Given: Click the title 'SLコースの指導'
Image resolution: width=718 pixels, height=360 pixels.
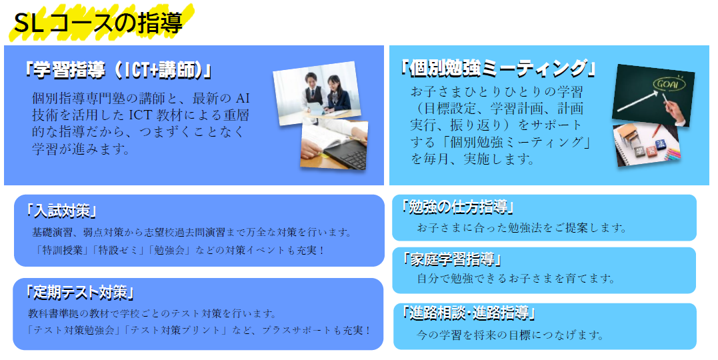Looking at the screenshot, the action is (98, 23).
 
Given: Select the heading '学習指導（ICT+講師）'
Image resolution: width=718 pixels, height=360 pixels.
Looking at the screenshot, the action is (118, 71).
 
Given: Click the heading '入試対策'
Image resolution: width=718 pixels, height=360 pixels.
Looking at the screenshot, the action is (61, 211).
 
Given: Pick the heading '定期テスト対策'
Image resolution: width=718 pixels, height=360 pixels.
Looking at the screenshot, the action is (80, 292).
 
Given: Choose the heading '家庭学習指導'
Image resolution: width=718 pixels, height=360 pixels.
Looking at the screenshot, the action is (451, 260).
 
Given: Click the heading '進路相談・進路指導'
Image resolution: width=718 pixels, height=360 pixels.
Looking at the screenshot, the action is (469, 313).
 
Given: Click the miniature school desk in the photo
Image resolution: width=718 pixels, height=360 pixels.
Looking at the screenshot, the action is (627, 135).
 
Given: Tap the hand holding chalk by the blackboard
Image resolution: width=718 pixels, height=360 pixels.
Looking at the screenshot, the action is (674, 109).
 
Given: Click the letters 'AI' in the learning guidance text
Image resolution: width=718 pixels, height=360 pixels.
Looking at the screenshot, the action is (242, 99).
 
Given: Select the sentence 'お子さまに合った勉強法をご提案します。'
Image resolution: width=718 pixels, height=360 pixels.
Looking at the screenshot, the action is (521, 227).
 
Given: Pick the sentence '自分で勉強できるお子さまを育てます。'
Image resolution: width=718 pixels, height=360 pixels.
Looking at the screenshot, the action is (516, 278).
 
